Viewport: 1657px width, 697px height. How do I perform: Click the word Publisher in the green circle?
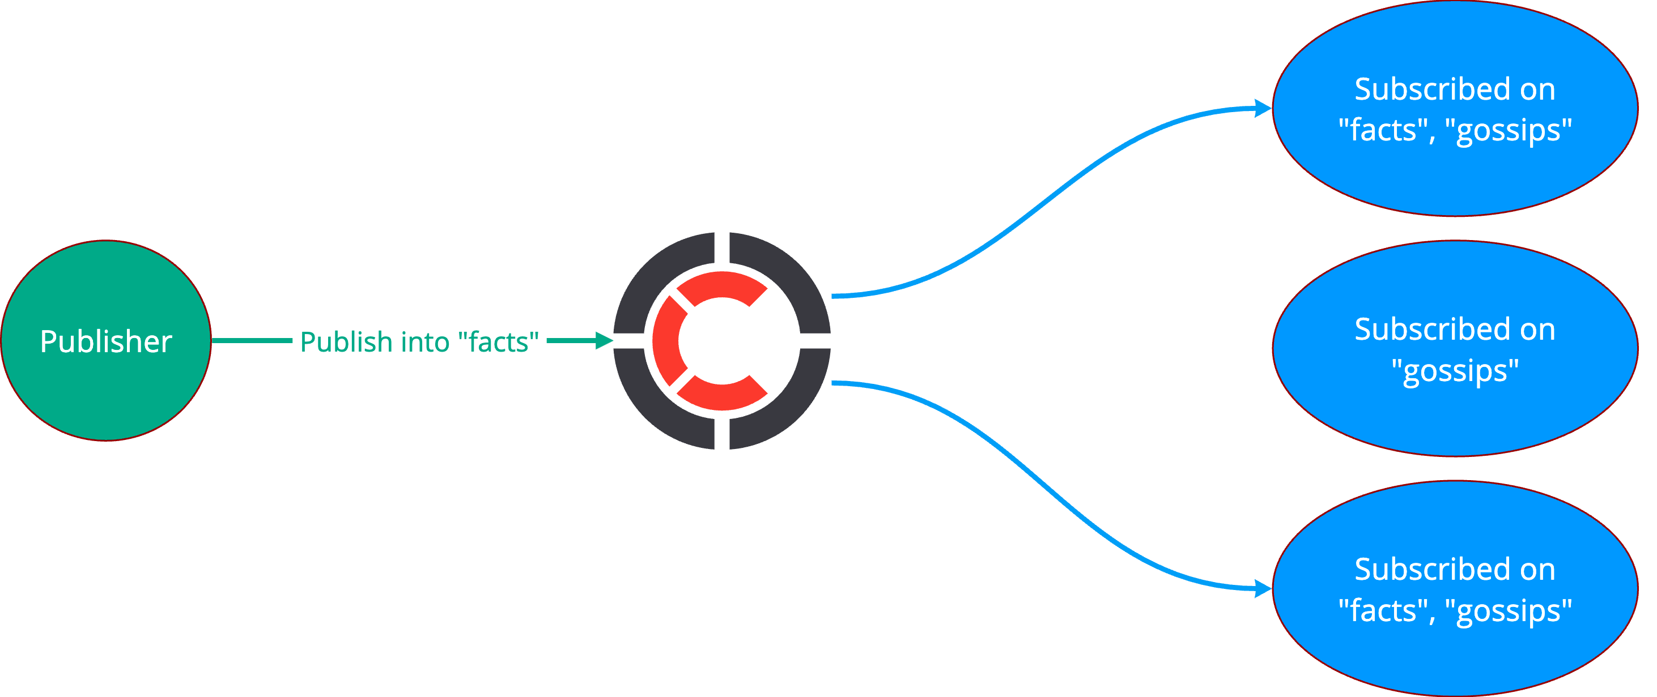coord(106,341)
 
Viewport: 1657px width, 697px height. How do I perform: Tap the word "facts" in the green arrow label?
coord(499,341)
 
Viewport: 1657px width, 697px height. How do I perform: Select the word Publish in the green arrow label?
coord(346,341)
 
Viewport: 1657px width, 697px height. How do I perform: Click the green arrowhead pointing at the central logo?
coord(604,341)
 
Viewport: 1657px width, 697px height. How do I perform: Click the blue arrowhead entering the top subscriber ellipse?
coord(1263,109)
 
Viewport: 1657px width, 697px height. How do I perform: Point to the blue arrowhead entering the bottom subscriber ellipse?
coord(1263,588)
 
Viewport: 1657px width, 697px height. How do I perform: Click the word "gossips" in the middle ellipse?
coord(1455,371)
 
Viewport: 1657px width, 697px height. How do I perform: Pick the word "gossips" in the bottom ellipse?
coord(1509,612)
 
